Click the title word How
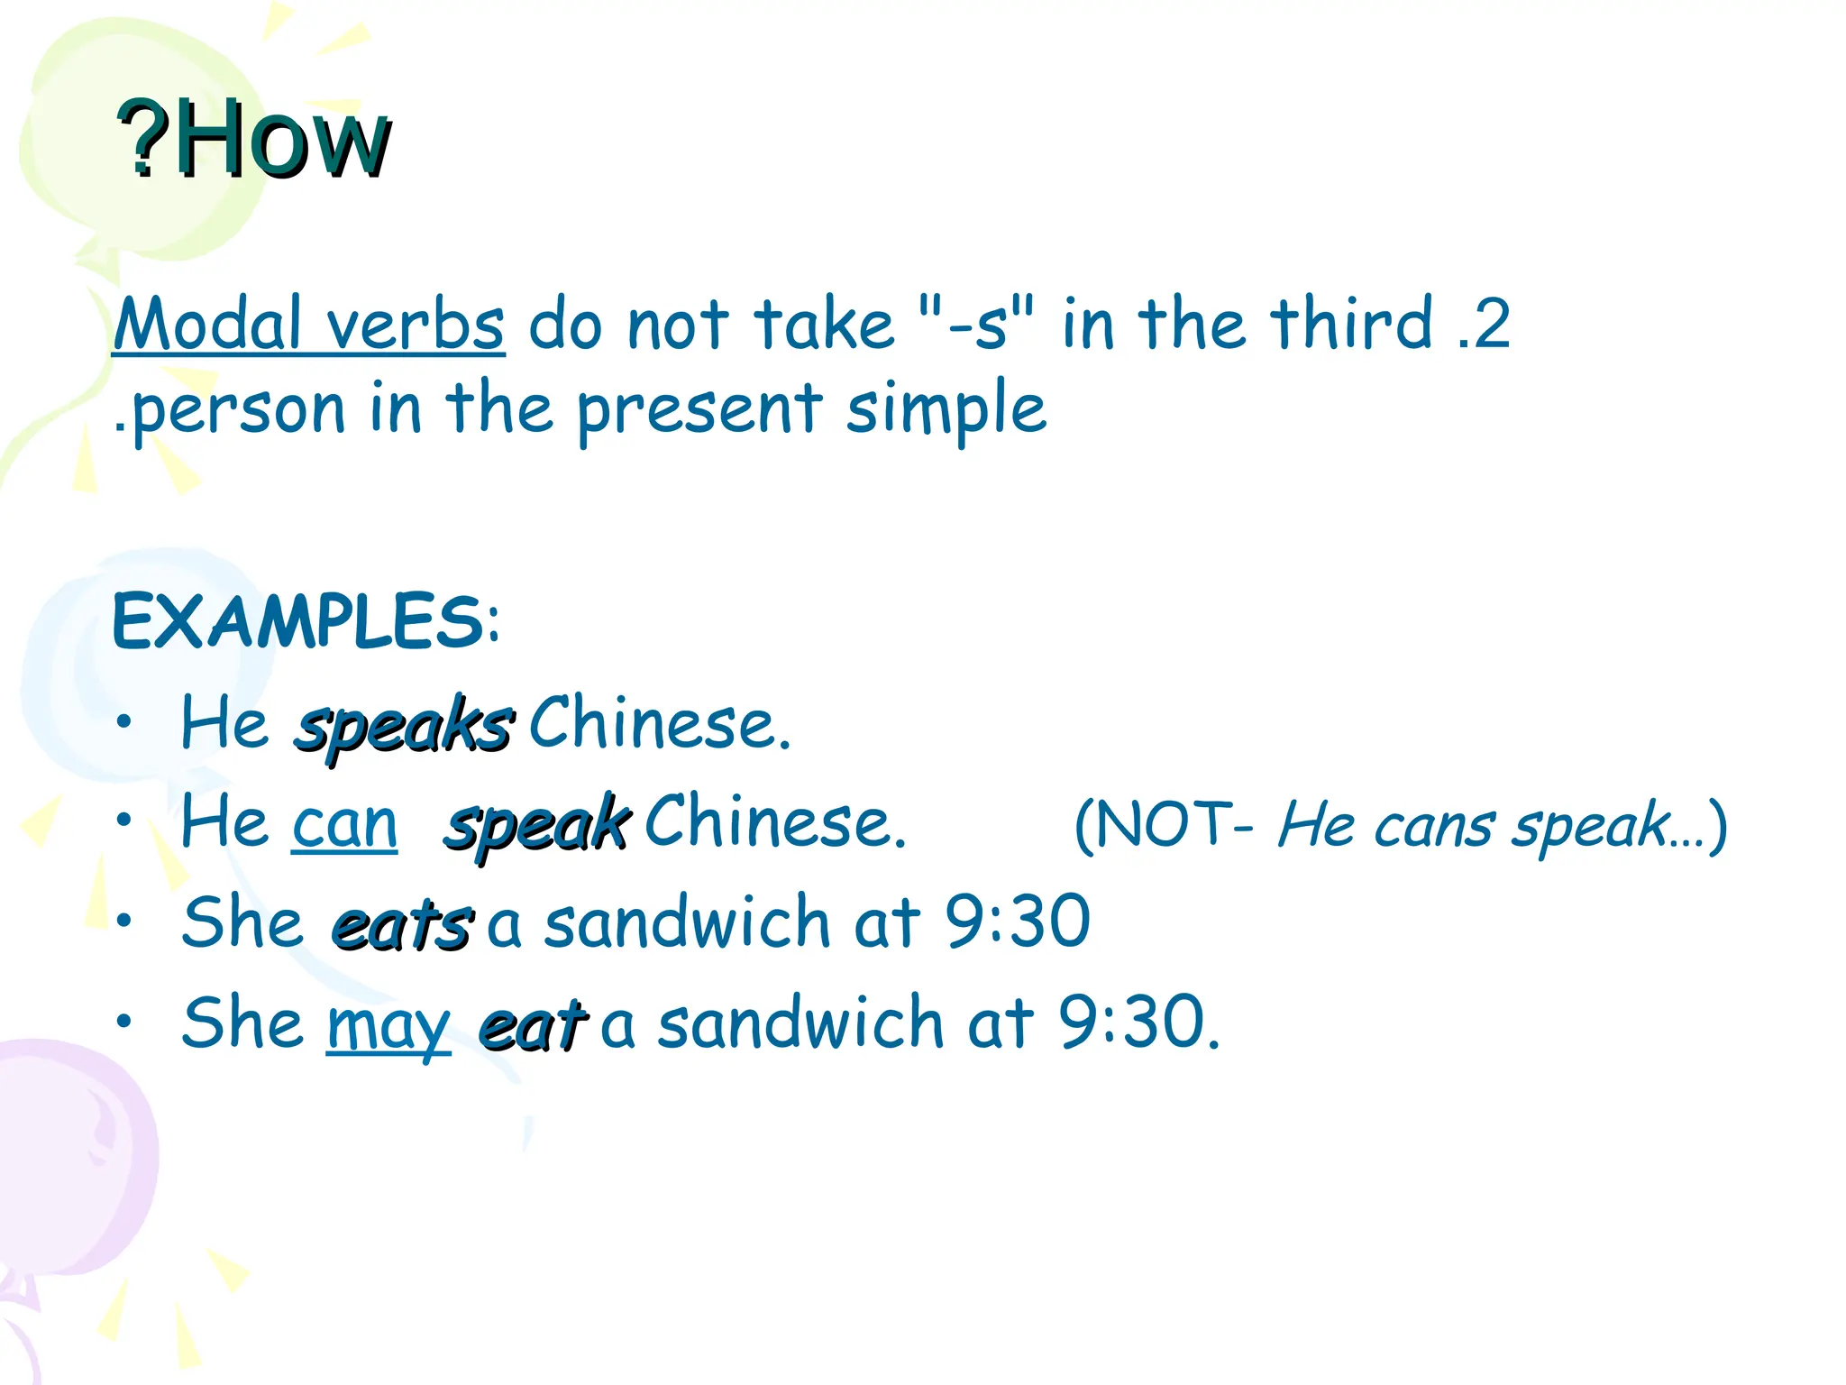281,140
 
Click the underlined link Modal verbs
308,324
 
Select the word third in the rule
1351,322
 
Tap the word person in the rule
238,410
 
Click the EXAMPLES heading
305,622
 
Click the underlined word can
344,824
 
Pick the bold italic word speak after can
537,824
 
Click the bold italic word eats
401,925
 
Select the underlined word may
388,1026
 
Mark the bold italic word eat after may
532,1026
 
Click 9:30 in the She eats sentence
1018,922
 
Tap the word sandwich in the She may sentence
800,1023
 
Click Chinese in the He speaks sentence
659,724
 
